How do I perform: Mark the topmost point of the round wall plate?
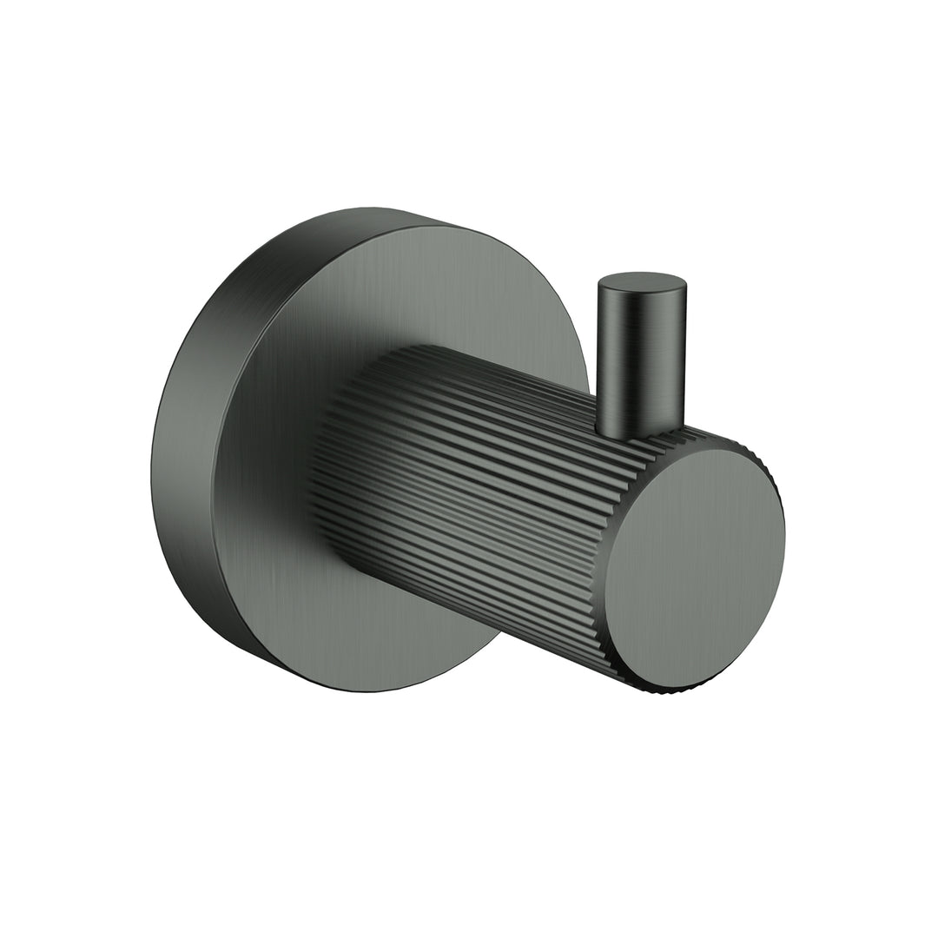pyautogui.click(x=373, y=208)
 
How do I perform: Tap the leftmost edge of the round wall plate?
pyautogui.click(x=152, y=452)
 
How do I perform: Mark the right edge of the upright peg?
pyautogui.click(x=685, y=356)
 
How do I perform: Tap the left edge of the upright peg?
pyautogui.click(x=597, y=356)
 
